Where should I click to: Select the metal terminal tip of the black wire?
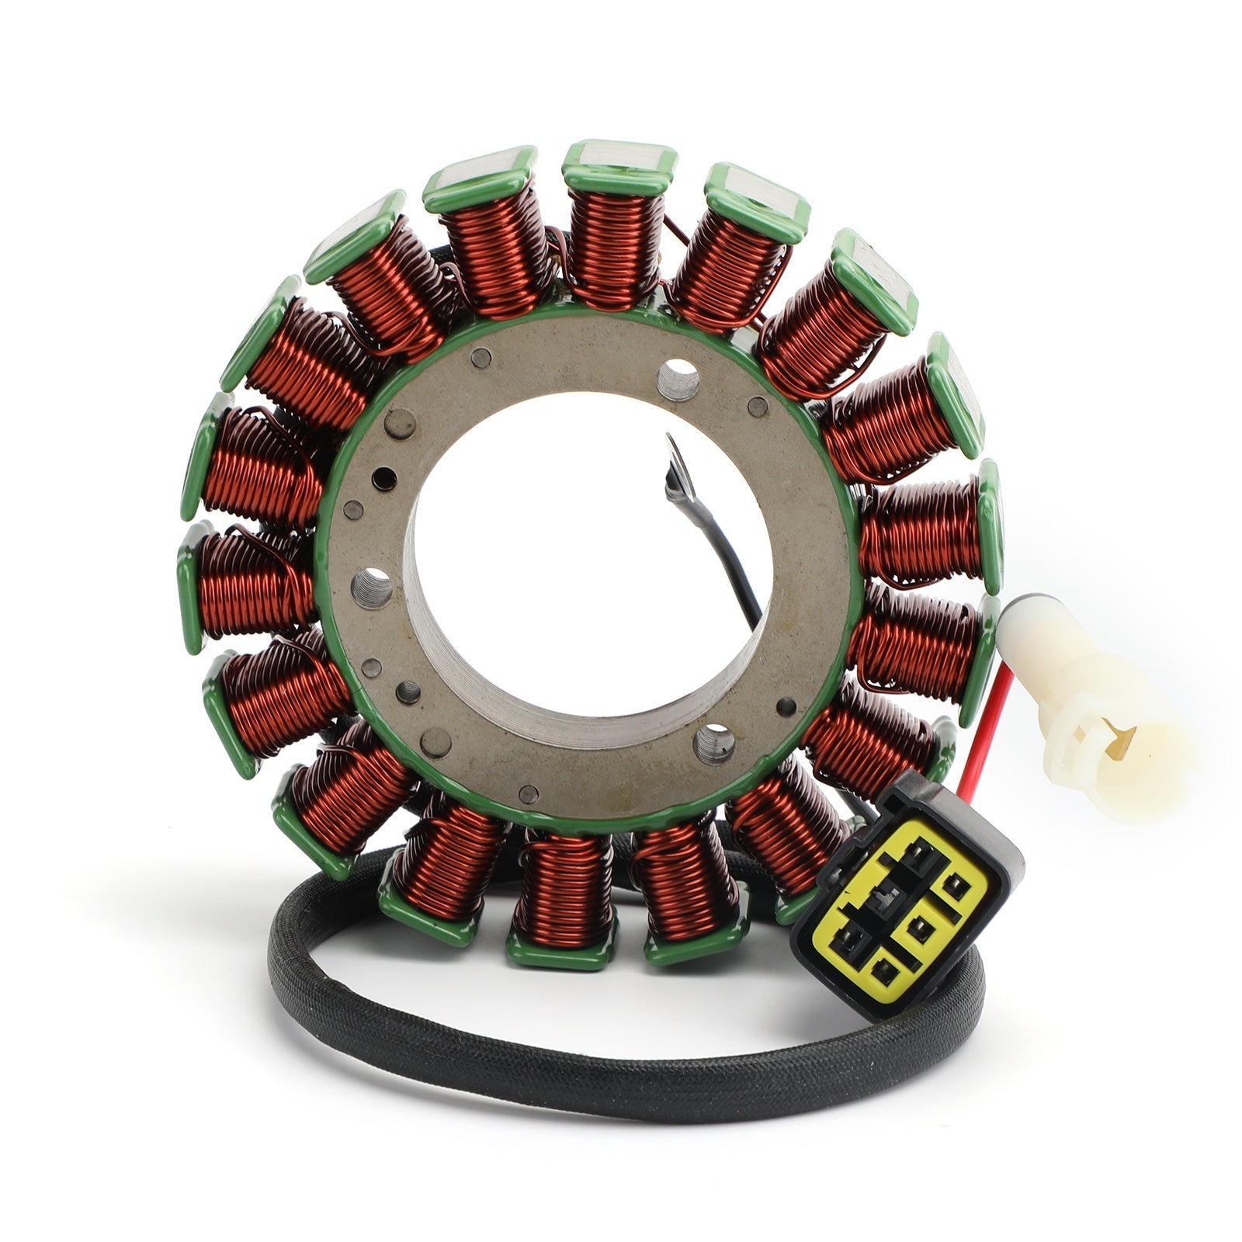click(x=675, y=466)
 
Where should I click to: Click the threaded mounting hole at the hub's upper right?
click(x=678, y=380)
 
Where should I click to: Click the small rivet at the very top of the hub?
click(x=482, y=357)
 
